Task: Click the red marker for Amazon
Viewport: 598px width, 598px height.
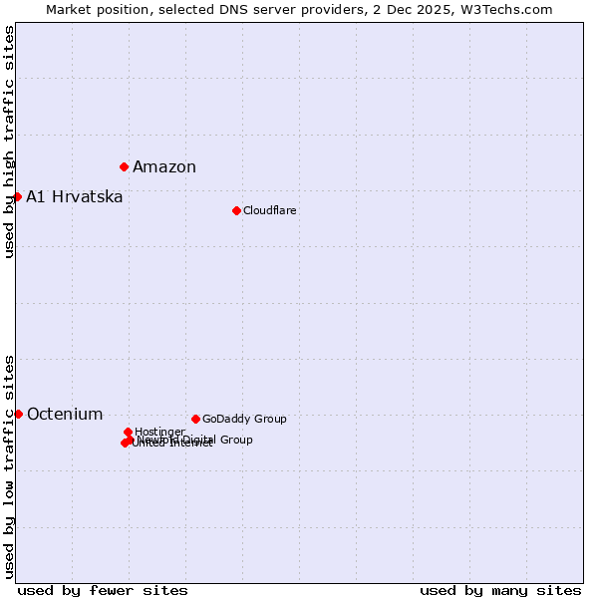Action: pos(125,166)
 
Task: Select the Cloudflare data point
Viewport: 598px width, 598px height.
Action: pos(236,210)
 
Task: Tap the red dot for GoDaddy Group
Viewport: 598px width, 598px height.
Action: pos(195,419)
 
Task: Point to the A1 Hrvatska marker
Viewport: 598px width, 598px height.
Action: pos(18,196)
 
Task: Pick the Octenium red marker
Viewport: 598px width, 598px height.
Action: pos(19,414)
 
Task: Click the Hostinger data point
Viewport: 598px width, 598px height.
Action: pos(129,432)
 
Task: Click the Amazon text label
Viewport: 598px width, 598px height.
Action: pos(164,166)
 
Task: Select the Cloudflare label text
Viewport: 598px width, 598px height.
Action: pos(270,210)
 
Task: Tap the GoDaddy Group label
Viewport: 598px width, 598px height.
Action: pos(244,419)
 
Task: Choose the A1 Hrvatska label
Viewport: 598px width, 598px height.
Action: pos(75,196)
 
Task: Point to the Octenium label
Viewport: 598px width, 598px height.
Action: pos(65,414)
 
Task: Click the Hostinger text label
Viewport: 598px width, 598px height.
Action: pos(159,432)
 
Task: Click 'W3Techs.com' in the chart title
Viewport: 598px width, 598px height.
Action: pos(509,9)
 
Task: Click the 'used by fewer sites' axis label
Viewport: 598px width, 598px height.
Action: pos(103,590)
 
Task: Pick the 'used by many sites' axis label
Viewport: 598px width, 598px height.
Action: pos(500,590)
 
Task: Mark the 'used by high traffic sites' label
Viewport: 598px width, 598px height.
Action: pos(9,142)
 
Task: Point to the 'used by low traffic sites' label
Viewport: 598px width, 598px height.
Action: pos(9,465)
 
